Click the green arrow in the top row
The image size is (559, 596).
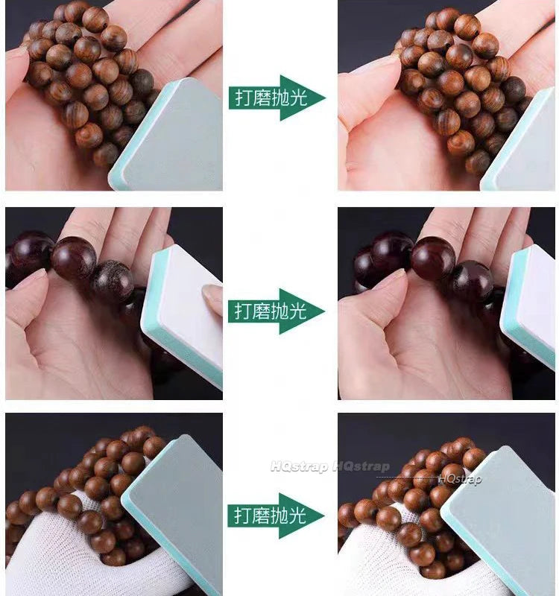point(277,98)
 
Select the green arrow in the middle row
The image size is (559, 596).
point(277,311)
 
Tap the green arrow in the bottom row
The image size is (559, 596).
point(276,516)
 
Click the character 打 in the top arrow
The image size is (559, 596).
point(244,98)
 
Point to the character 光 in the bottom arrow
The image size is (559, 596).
point(297,516)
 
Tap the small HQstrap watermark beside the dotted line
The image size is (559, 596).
point(459,478)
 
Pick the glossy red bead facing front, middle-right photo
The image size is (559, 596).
point(433,259)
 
